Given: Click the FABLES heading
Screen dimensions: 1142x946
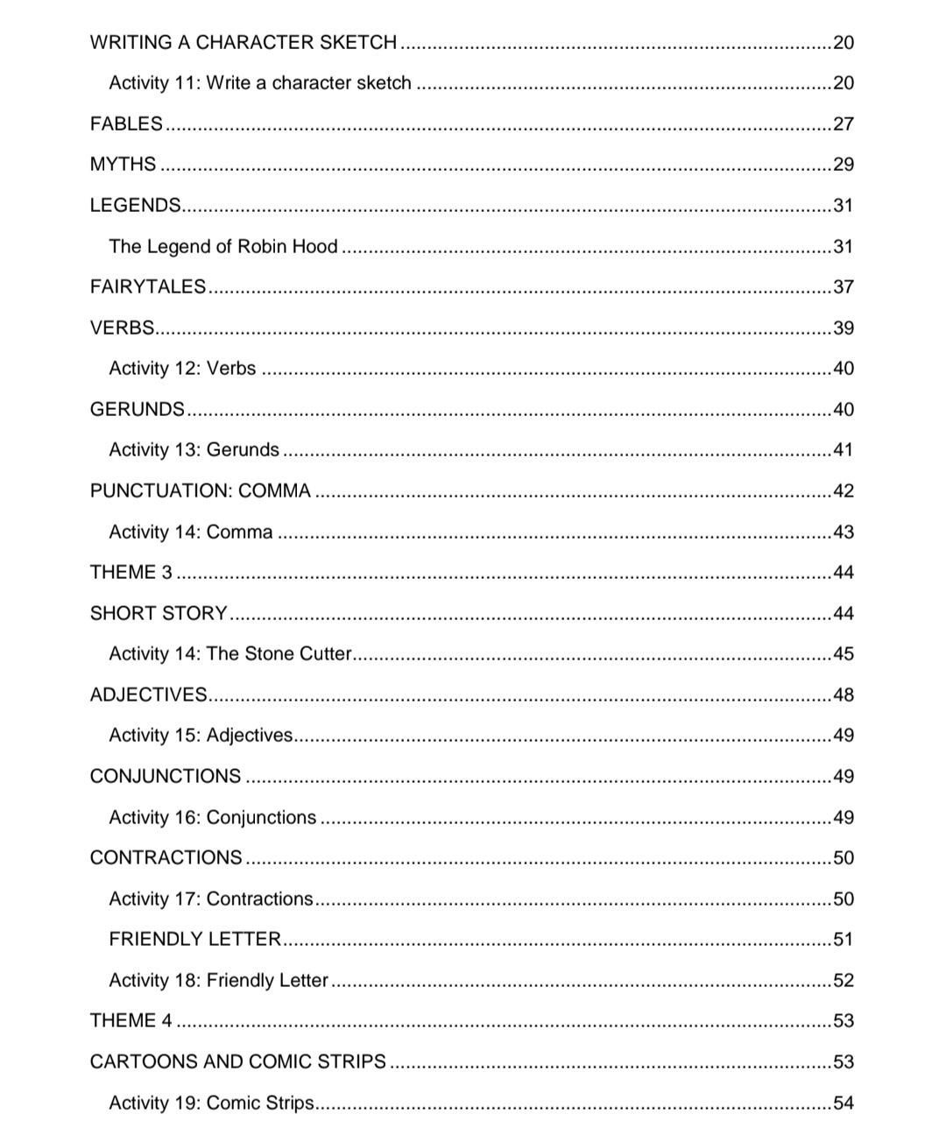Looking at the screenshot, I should point(126,123).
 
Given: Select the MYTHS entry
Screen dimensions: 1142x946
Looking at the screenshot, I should point(123,165).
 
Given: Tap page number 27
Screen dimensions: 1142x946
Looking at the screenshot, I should point(843,123).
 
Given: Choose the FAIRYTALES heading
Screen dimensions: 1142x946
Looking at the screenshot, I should point(147,286).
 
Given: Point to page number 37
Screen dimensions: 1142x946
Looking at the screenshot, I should point(843,286).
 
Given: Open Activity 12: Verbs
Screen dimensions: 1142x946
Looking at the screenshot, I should point(182,368).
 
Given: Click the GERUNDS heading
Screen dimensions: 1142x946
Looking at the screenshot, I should point(137,409).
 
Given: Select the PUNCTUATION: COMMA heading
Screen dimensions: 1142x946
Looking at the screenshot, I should point(200,490).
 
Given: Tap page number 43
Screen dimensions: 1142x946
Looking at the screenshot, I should point(843,532).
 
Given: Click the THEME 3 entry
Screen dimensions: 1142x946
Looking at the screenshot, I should point(131,572).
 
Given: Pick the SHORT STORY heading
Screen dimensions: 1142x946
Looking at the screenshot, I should point(159,613).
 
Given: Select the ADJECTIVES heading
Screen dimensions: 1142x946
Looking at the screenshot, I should point(148,694).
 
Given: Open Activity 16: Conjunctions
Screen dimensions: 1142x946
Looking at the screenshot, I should point(212,817).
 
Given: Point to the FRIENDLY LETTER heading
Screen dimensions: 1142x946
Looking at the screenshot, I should point(194,939).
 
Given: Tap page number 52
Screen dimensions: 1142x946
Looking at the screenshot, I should point(843,980).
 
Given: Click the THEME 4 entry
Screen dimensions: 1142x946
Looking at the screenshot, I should point(131,1020).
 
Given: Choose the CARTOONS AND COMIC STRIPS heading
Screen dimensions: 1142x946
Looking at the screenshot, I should point(237,1061).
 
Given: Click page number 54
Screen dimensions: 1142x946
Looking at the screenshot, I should point(843,1103).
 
